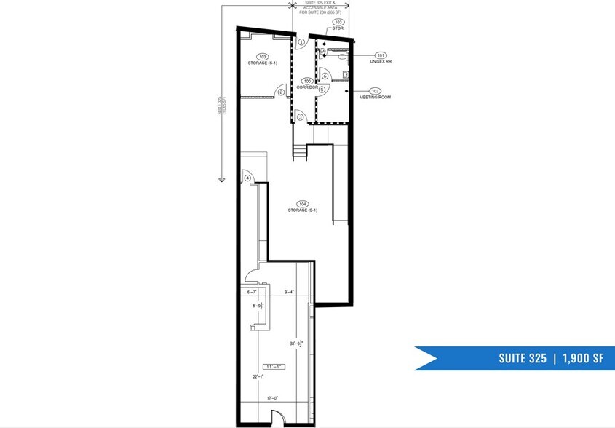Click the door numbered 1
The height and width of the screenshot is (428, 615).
[x=301, y=42]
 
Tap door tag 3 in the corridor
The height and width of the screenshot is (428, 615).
[x=300, y=116]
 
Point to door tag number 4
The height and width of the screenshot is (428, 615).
[x=247, y=178]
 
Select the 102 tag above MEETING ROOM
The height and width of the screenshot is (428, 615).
[x=376, y=91]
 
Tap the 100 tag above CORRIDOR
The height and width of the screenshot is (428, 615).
[x=308, y=81]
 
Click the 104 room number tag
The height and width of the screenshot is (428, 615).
[x=303, y=205]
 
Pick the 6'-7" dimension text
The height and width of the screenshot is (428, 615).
[x=253, y=292]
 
